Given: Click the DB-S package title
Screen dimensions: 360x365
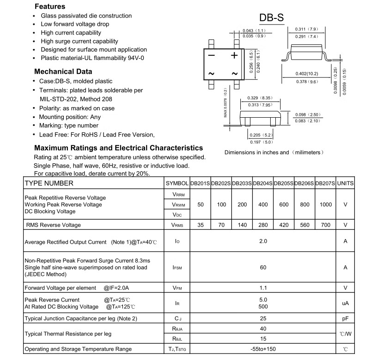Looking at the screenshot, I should coord(271,18).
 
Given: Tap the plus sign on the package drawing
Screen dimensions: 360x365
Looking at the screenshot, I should coord(234,55).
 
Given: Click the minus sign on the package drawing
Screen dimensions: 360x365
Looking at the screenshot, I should coord(211,55).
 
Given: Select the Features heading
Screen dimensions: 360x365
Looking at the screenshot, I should coord(50,6).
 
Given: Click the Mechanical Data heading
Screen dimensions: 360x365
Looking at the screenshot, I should coord(63,72).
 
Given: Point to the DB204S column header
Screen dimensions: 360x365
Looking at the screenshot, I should coord(263,183).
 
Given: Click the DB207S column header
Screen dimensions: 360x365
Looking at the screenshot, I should coord(325,183).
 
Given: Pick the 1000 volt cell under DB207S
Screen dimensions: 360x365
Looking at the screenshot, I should coord(325,204).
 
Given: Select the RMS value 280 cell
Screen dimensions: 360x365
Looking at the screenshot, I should coord(263,225).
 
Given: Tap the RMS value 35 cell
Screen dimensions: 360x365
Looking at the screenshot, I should coord(201,225).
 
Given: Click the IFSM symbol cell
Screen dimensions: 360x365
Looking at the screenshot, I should coord(176,267).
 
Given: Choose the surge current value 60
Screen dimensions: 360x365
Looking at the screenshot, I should coord(263,267).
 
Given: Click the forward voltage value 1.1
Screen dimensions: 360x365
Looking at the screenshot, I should coord(263,288).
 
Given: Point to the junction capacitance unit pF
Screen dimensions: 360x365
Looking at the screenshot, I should coord(345,318).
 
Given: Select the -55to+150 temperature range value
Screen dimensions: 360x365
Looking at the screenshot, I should coord(263,349).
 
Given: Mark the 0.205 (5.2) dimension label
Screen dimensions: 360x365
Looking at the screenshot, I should coord(258,135).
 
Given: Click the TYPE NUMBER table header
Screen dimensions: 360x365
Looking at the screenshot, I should coord(49,183).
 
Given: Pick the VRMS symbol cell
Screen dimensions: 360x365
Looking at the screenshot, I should coord(177,225).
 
